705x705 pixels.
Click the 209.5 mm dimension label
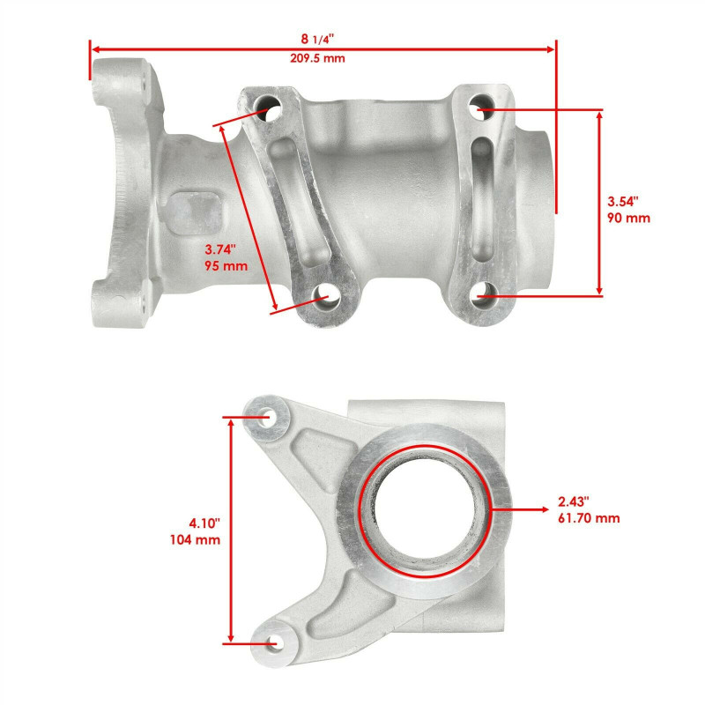pos(323,58)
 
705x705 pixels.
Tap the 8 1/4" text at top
pos(323,39)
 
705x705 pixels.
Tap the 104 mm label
pos(195,539)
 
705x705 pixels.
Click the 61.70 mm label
pos(589,518)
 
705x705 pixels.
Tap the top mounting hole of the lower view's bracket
pos(267,414)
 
